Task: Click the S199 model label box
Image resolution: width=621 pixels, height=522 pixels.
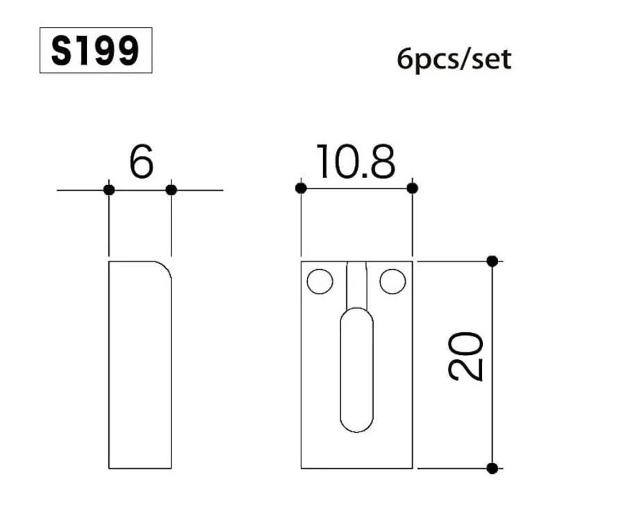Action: pyautogui.click(x=96, y=50)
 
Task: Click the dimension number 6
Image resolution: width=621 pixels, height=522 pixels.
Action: pyautogui.click(x=141, y=163)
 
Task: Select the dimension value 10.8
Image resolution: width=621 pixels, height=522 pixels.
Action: pyautogui.click(x=356, y=163)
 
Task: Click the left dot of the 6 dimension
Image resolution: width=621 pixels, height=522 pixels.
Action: pyautogui.click(x=109, y=190)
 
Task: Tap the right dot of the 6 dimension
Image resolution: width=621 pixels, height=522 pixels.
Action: pyautogui.click(x=172, y=190)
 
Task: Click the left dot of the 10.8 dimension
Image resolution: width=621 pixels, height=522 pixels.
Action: pyautogui.click(x=301, y=188)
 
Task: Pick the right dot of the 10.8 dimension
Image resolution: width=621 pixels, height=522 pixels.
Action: pyautogui.click(x=413, y=188)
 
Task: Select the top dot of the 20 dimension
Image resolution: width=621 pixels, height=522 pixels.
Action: pyautogui.click(x=492, y=261)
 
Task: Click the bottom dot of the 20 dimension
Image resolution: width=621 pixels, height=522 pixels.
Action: pyautogui.click(x=492, y=468)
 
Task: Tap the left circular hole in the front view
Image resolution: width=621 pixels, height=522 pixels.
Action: pyautogui.click(x=320, y=282)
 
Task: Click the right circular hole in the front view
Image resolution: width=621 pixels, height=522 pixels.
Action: pyautogui.click(x=392, y=282)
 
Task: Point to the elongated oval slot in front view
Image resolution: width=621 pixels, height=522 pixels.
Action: pyautogui.click(x=357, y=369)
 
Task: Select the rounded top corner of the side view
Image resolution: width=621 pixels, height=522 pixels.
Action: pyautogui.click(x=165, y=268)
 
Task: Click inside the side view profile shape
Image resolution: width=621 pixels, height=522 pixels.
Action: pyautogui.click(x=140, y=368)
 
